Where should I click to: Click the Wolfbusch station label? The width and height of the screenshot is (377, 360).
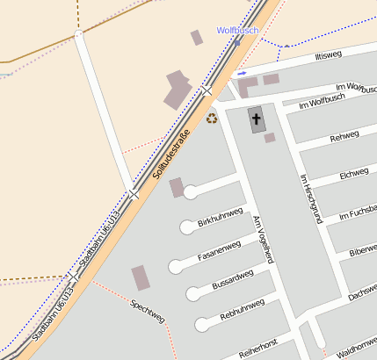pos(237,30)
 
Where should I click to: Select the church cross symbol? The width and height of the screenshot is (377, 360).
pos(257,118)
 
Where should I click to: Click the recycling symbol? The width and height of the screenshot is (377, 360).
pos(212,118)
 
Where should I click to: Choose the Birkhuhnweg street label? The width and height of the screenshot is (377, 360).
pos(220,218)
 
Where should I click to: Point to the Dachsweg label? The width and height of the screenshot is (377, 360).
pos(362,296)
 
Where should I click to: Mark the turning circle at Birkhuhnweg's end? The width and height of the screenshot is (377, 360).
pos(190,191)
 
